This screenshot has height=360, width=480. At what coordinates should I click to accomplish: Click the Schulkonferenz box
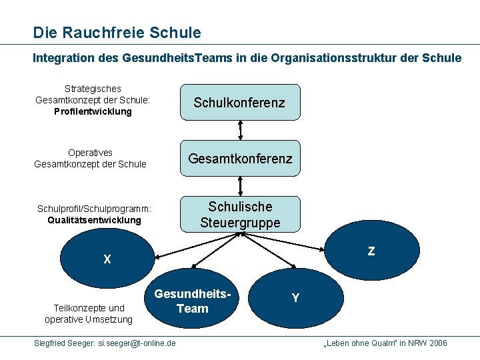[239, 102]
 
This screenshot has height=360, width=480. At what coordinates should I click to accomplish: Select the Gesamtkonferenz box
[239, 159]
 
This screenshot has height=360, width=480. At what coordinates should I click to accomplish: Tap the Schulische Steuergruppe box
[239, 214]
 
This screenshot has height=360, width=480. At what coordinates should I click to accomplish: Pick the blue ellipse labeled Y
[295, 298]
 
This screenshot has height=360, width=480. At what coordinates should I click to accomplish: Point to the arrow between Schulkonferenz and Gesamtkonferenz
[239, 130]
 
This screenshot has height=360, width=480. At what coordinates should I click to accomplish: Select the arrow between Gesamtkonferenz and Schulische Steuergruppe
[239, 186]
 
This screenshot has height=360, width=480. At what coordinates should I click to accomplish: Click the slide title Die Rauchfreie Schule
[117, 32]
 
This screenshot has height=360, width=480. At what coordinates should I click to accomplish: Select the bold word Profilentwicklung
[93, 112]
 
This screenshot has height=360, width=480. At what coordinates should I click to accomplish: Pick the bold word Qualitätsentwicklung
[94, 220]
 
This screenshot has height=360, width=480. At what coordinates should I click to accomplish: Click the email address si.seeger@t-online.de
[137, 343]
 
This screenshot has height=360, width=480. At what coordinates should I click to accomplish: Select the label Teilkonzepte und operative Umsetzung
[89, 313]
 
